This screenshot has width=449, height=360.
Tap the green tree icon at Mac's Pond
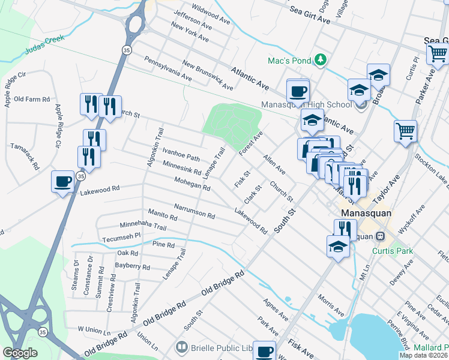pyautogui.click(x=321, y=59)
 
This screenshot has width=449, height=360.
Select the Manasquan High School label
pyautogui.click(x=306, y=104)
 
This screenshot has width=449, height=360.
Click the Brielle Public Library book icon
pyautogui.click(x=181, y=347)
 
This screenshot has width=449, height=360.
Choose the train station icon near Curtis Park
pyautogui.click(x=380, y=236)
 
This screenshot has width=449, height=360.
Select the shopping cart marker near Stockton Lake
pyautogui.click(x=406, y=131)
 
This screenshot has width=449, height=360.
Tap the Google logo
pyautogui.click(x=20, y=352)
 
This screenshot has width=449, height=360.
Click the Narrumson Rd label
pyautogui.click(x=194, y=210)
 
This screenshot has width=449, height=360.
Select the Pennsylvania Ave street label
pyautogui.click(x=167, y=70)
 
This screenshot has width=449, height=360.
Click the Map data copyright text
pyautogui.click(x=423, y=355)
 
